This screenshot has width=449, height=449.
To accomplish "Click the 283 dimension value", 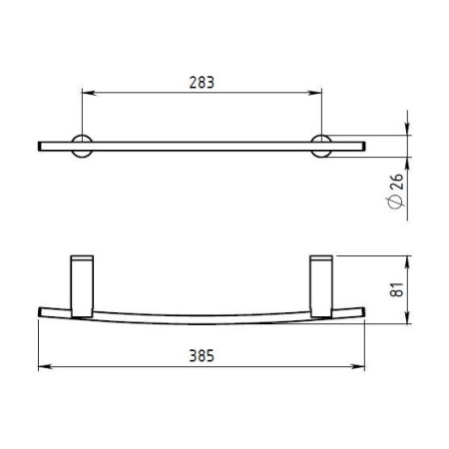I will (x=202, y=82).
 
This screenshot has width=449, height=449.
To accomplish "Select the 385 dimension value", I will (x=202, y=355).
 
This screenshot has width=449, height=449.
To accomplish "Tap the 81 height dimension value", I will (x=397, y=290).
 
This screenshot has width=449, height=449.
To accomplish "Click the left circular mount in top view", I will (x=81, y=145).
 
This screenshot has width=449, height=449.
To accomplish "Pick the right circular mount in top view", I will (x=322, y=145).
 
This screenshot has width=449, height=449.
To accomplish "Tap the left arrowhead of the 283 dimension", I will (x=84, y=95).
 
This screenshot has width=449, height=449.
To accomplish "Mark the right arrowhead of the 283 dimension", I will (x=319, y=95).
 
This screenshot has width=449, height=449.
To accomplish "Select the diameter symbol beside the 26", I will (x=397, y=203).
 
